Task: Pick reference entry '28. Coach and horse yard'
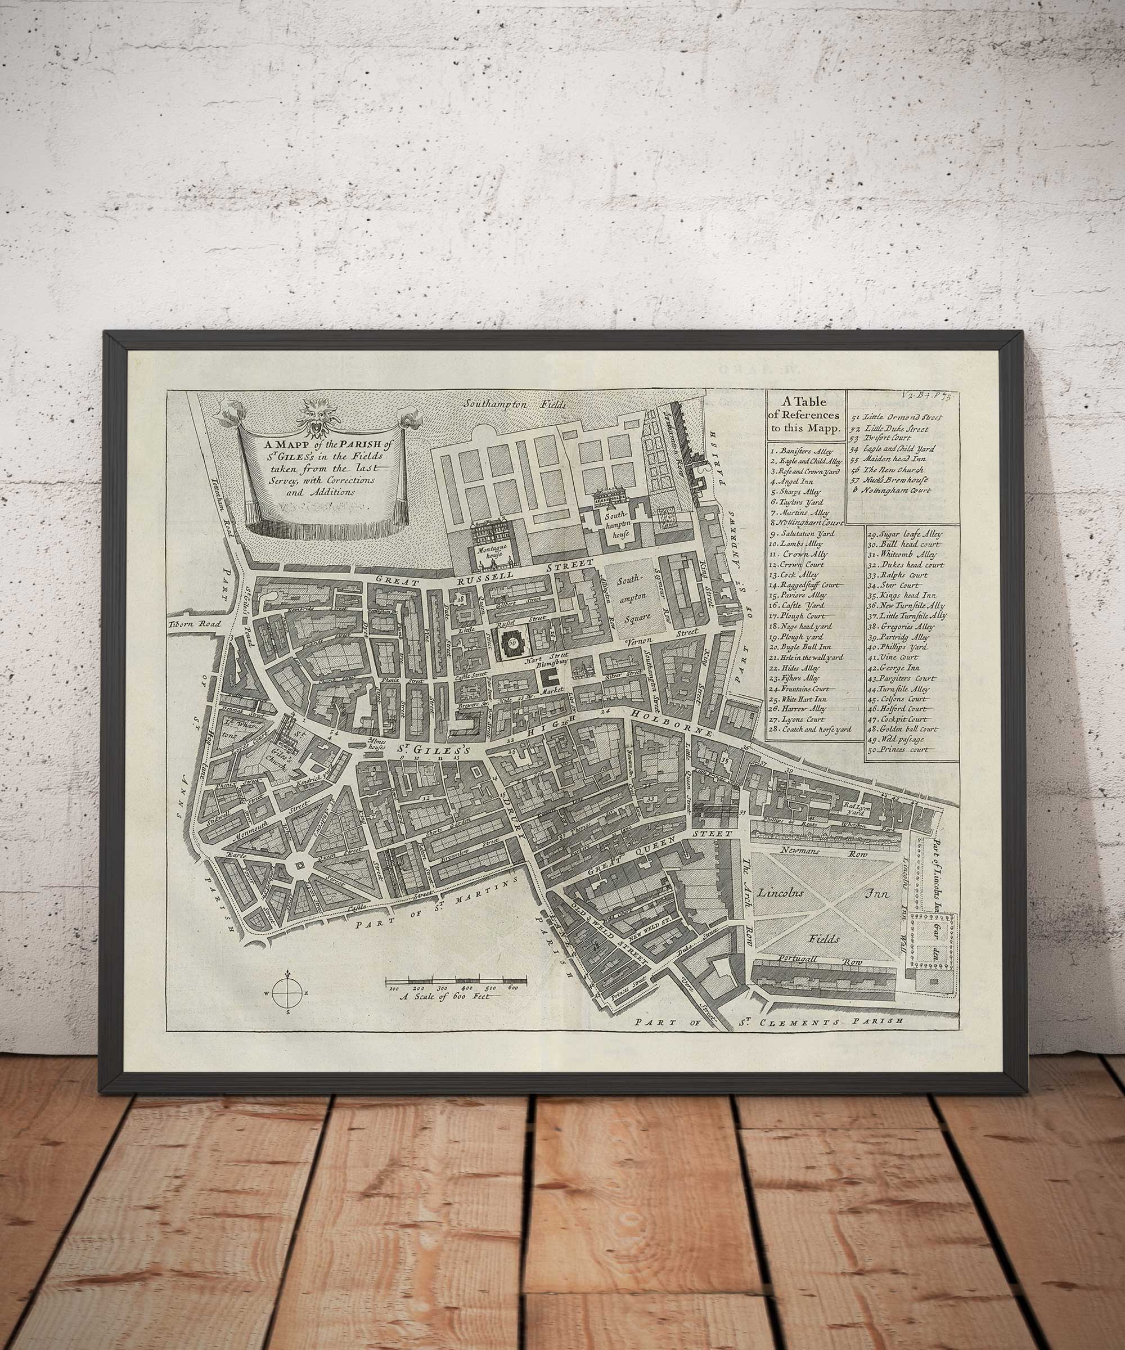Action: [x=810, y=729]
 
